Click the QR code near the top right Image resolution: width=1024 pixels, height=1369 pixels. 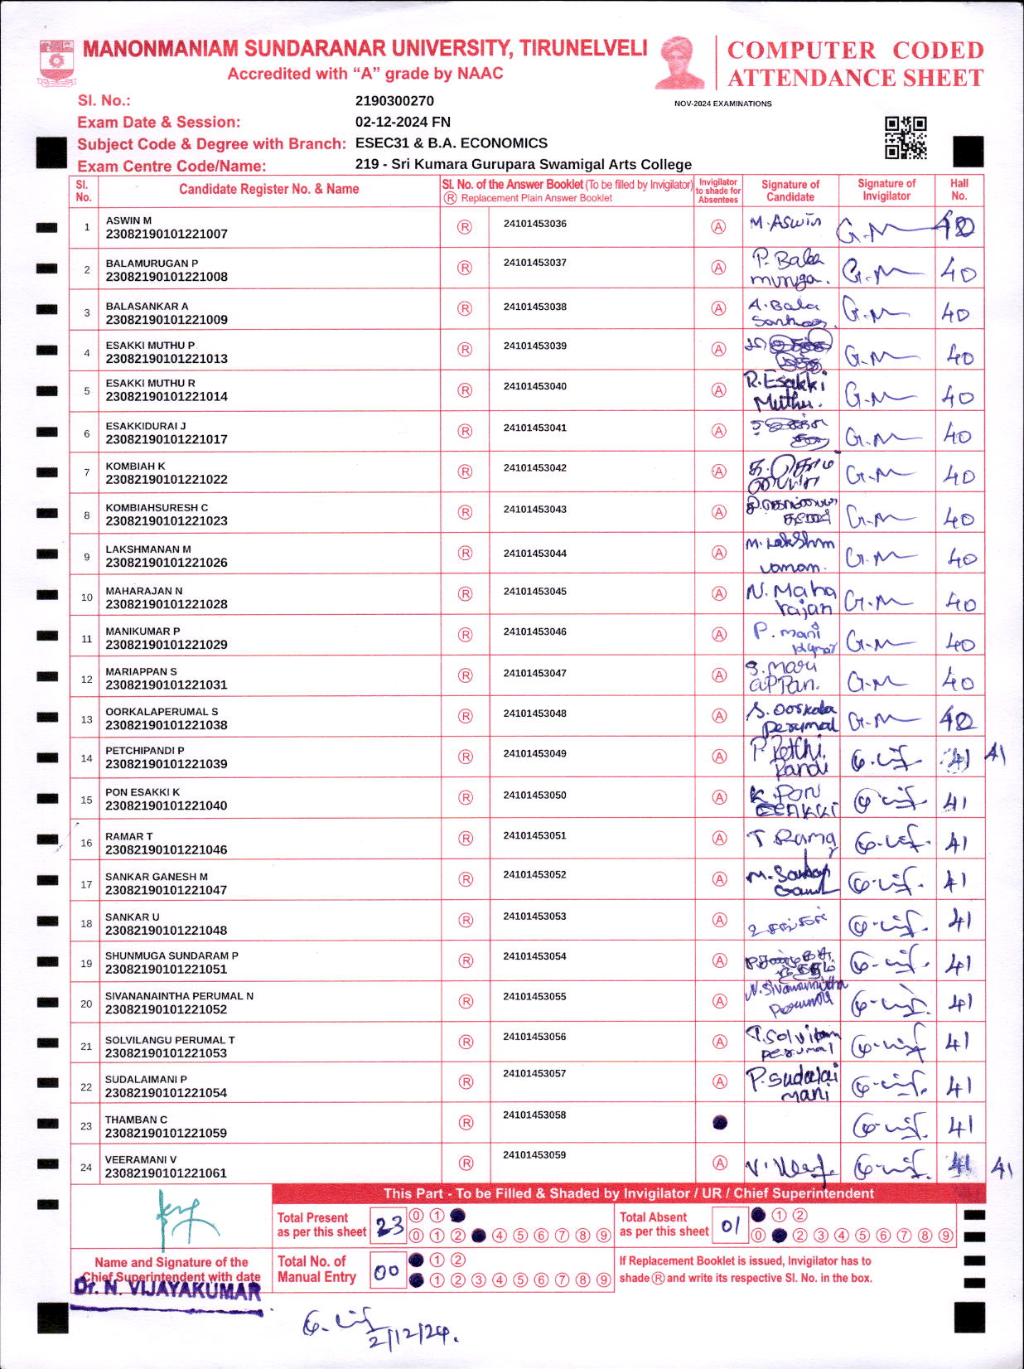tap(906, 138)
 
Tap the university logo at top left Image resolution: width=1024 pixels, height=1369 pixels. tap(56, 63)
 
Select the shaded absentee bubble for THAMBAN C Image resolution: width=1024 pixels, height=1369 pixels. tap(720, 1123)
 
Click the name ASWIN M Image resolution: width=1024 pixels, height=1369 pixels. tap(128, 220)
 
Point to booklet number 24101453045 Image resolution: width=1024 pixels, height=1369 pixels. tap(535, 592)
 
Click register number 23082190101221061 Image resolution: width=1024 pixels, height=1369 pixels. tap(166, 1173)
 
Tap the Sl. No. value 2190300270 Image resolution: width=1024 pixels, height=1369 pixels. tap(394, 101)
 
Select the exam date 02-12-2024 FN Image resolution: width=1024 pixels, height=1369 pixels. tap(403, 122)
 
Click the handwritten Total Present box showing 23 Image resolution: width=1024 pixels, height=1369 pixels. tap(388, 1226)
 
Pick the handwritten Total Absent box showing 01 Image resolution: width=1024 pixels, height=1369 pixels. tap(730, 1226)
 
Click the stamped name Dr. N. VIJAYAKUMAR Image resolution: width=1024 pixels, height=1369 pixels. tap(167, 1289)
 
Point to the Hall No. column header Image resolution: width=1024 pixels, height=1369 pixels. tap(959, 190)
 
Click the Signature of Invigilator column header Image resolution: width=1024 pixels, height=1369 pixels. tap(886, 190)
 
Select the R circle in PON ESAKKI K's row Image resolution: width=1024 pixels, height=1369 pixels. tap(466, 797)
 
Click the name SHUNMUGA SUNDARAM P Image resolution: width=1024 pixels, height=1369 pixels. tap(171, 955)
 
